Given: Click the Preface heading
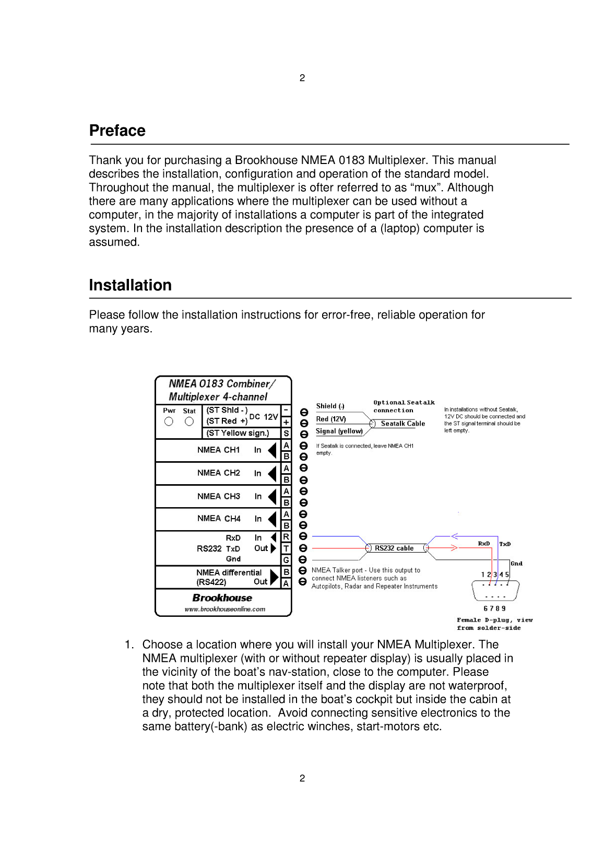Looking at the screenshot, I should pyautogui.click(x=117, y=131).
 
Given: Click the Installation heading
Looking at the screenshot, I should pyautogui.click(x=130, y=285).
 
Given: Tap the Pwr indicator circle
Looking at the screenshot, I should pyautogui.click(x=169, y=421).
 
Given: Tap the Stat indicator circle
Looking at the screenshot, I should pyautogui.click(x=189, y=421).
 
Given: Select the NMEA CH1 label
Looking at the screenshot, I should pyautogui.click(x=218, y=450).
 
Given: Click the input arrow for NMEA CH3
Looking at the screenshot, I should pyautogui.click(x=272, y=496).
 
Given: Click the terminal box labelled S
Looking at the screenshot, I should pyautogui.click(x=286, y=433).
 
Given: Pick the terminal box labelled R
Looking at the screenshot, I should pyautogui.click(x=286, y=537).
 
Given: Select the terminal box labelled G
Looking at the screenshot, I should pyautogui.click(x=286, y=560).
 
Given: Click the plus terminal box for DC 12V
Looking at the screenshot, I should pyautogui.click(x=286, y=421).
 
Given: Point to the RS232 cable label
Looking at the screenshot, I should pyautogui.click(x=394, y=548).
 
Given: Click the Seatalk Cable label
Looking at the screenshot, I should pyautogui.click(x=402, y=424).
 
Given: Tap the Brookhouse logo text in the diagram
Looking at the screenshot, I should pyautogui.click(x=222, y=598).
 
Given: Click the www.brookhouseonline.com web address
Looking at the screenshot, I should pyautogui.click(x=224, y=609).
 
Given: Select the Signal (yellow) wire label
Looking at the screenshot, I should pyautogui.click(x=339, y=431).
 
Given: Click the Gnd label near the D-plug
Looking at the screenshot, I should pyautogui.click(x=516, y=564).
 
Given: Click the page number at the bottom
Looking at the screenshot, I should pyautogui.click(x=302, y=778).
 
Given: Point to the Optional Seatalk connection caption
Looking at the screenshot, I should pyautogui.click(x=404, y=406).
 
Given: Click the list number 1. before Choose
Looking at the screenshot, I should pyautogui.click(x=129, y=645).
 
